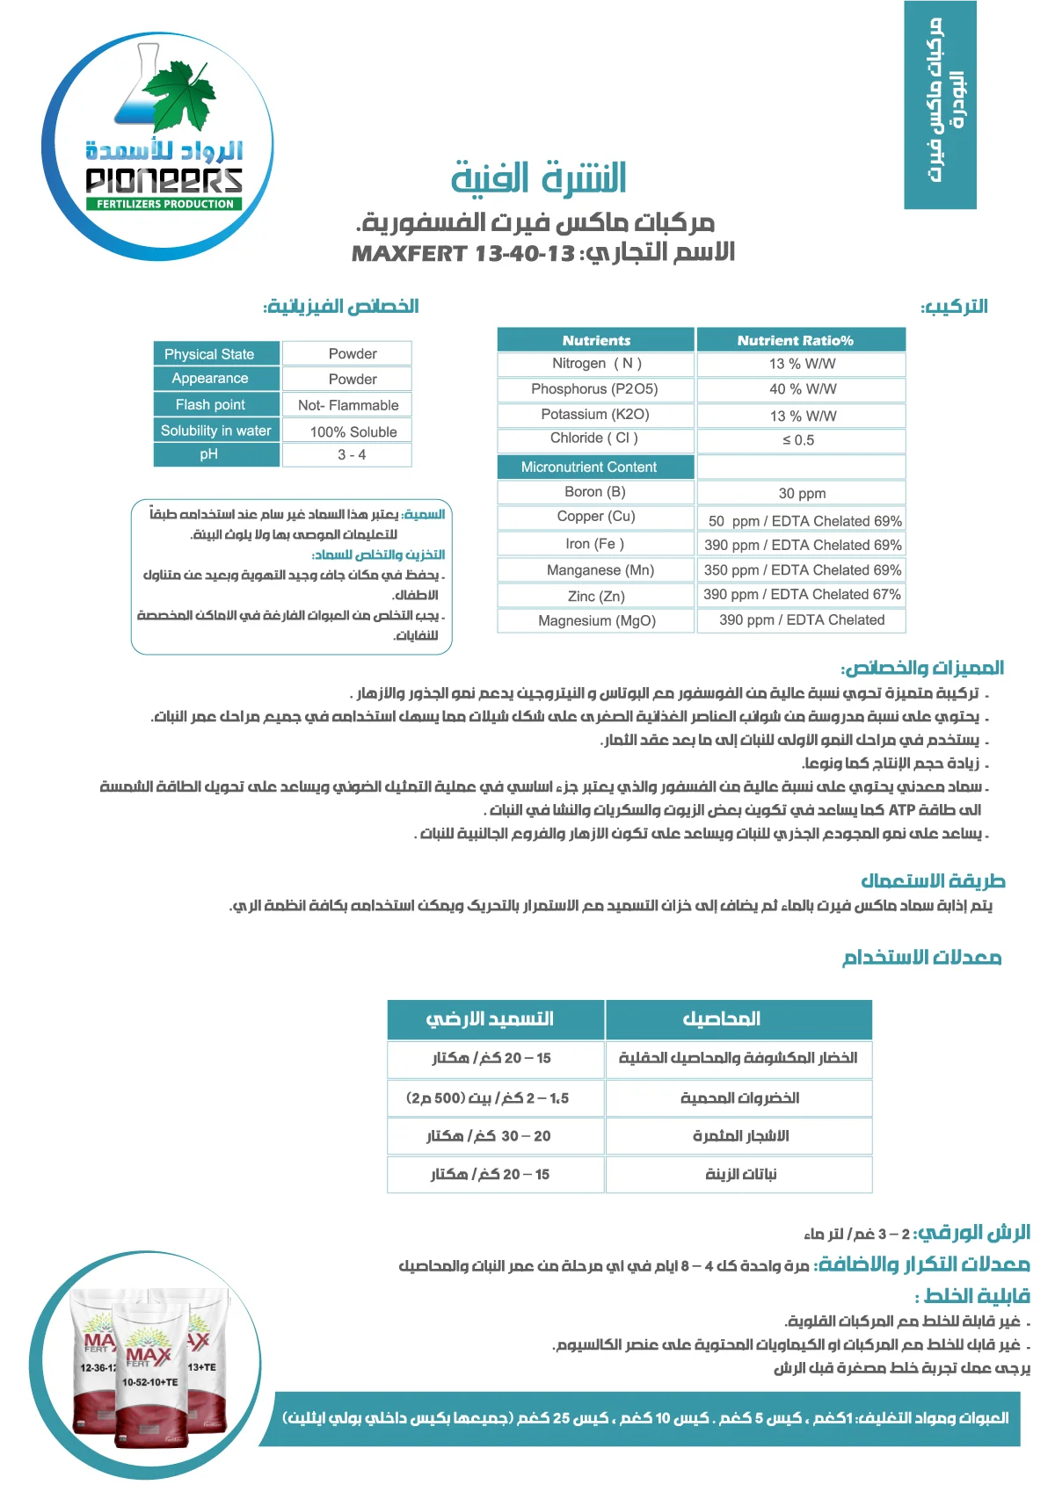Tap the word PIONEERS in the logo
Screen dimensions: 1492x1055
(x=164, y=180)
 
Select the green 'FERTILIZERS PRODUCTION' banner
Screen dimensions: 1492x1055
(x=164, y=204)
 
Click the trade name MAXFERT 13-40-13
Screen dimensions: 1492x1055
(x=462, y=254)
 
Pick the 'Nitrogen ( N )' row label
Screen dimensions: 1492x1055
(x=596, y=364)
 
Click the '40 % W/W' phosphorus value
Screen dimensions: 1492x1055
(x=802, y=389)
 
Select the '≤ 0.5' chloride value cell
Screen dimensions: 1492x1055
(x=798, y=440)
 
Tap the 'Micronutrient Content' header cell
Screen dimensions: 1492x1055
(x=588, y=467)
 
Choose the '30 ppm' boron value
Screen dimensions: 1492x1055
(x=802, y=493)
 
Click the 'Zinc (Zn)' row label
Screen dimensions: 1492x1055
(x=596, y=596)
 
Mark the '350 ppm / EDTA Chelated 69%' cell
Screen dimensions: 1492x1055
(x=802, y=570)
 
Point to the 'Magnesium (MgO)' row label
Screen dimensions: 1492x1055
(x=596, y=620)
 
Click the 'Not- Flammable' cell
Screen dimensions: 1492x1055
(x=348, y=405)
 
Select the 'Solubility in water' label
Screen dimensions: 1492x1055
(x=215, y=431)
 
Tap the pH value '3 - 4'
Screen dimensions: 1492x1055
(x=352, y=455)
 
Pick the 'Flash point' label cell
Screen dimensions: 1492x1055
(x=210, y=405)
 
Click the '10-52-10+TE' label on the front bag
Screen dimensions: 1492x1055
(x=149, y=1381)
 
